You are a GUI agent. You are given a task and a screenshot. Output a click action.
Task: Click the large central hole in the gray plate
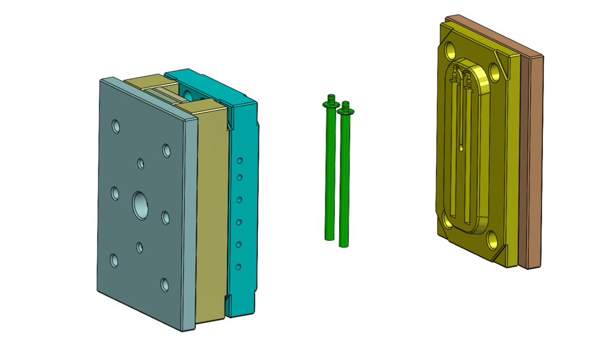(141, 204)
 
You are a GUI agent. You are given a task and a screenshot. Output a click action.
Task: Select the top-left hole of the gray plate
(116, 127)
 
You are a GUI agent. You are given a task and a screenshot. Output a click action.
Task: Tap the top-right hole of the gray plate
(166, 150)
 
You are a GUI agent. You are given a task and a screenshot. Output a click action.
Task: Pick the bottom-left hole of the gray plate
(114, 260)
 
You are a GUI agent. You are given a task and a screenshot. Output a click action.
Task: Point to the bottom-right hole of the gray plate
(165, 285)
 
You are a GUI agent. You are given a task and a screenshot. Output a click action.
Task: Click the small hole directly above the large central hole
(141, 164)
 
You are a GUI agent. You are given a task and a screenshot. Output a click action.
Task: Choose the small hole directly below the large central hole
(140, 247)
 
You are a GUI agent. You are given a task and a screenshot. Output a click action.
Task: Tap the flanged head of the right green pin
(347, 111)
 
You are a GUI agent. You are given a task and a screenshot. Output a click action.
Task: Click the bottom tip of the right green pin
(343, 245)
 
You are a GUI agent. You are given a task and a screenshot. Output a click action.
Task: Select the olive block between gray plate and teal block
(210, 210)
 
